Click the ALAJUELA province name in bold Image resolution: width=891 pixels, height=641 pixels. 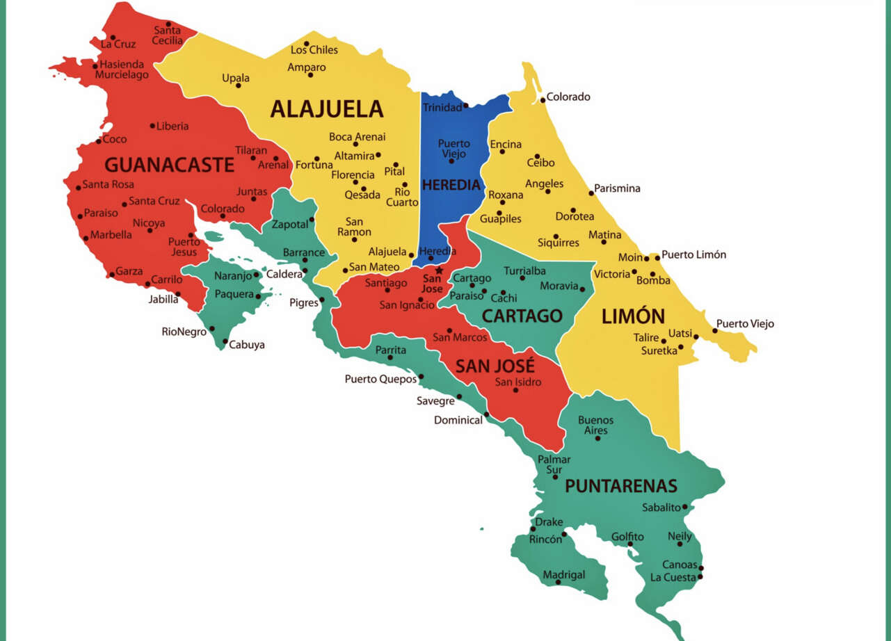pos(326,109)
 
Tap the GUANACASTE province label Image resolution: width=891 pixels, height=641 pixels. pos(169,165)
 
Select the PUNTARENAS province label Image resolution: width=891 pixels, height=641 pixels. pos(620,486)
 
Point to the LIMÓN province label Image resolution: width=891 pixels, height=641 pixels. pos(633,316)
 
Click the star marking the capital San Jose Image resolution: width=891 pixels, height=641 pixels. pos(439,270)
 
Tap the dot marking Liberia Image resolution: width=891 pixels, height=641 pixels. pos(152,126)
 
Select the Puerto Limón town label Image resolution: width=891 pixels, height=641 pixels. pos(693,255)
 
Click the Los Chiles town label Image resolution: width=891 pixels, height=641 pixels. pos(314,50)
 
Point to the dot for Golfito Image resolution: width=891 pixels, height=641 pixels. pos(630,544)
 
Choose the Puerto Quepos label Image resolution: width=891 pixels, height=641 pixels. pos(380,379)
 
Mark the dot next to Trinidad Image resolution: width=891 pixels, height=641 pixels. pos(466,106)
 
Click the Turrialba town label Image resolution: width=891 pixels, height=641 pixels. pos(524,270)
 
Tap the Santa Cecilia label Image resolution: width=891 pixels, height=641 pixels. pos(168,35)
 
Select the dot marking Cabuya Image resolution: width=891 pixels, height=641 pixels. pos(225,341)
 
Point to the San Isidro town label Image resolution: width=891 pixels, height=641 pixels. pos(517,382)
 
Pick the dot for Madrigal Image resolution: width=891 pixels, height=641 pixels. pos(558,582)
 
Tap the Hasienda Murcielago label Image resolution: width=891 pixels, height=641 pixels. pos(122,70)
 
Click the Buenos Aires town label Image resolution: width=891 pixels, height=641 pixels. pos(596,425)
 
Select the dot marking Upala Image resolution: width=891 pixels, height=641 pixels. pos(238,86)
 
